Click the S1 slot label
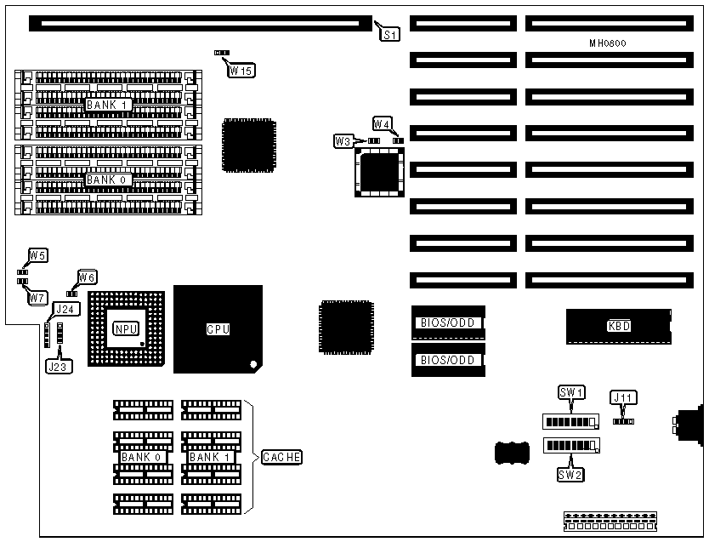(389, 35)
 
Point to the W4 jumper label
(382, 124)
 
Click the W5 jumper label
(37, 255)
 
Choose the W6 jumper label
(88, 277)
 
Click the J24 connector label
(64, 309)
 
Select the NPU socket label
(124, 328)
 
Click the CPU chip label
(218, 328)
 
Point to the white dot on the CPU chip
(252, 365)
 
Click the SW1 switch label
(570, 392)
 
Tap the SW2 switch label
(570, 474)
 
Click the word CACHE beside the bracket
(281, 457)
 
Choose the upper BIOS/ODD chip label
(447, 322)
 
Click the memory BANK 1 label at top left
(107, 105)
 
